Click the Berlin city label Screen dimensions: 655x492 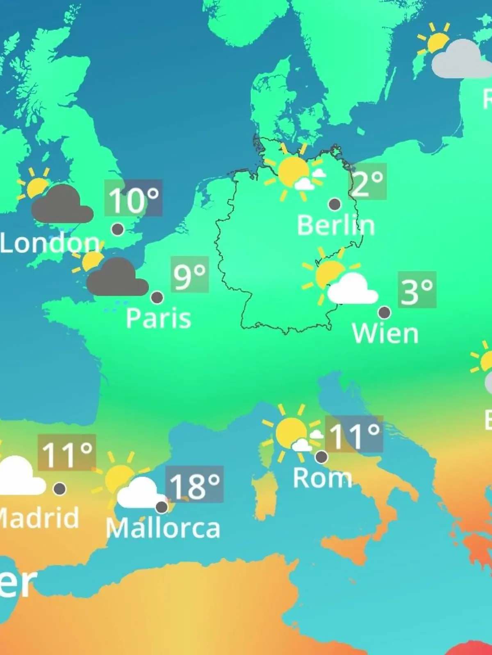336,225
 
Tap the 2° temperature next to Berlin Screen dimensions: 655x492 367,182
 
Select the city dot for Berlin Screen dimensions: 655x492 335,204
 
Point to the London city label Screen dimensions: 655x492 50,243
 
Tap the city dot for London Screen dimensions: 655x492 118,229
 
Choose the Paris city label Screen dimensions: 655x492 158,318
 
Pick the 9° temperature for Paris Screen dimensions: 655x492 189,275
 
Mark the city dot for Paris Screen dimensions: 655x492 157,297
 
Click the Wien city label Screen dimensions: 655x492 385,334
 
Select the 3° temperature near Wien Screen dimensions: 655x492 417,290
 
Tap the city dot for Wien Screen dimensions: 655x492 384,312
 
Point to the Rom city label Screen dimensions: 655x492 322,478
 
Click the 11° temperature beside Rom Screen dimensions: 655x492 354,435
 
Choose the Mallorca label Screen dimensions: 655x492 163,528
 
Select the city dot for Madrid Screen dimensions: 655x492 60,488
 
